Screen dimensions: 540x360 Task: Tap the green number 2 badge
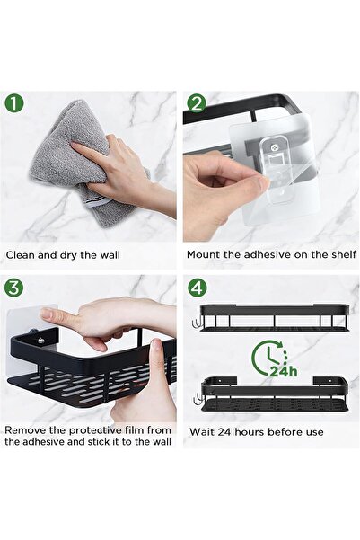[x=198, y=103]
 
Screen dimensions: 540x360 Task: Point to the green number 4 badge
[x=198, y=288]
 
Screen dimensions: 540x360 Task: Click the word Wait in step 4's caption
[x=201, y=430]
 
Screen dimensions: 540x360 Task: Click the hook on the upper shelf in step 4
[x=195, y=320]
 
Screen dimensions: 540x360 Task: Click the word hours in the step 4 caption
[x=250, y=430]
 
